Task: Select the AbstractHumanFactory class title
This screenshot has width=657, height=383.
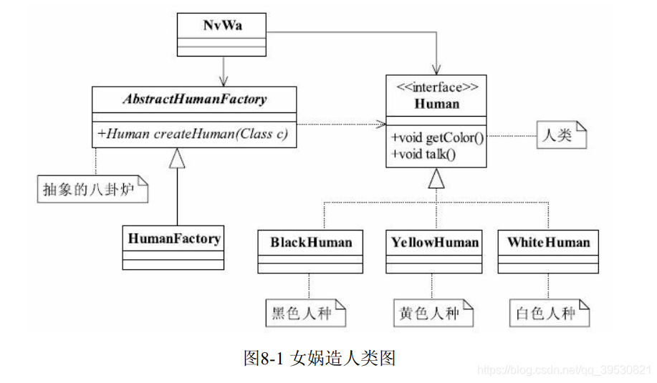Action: click(x=193, y=99)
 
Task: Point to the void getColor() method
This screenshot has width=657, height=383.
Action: click(x=437, y=137)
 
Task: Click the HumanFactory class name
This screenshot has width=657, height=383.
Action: click(x=174, y=238)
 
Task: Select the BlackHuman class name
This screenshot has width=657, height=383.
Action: click(x=311, y=242)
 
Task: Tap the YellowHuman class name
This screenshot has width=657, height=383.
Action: click(x=434, y=242)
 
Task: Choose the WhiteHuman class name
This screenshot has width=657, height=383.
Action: click(x=548, y=242)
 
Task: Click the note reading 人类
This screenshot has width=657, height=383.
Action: click(x=560, y=135)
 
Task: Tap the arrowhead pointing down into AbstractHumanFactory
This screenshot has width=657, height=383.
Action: click(x=225, y=81)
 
